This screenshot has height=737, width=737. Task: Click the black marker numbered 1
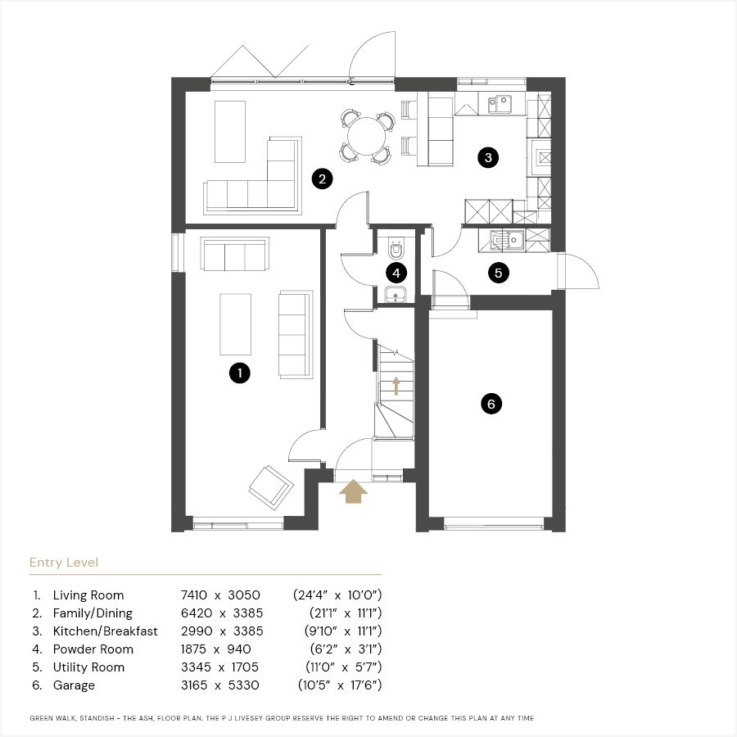point(240,373)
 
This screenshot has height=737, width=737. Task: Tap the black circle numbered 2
point(323,179)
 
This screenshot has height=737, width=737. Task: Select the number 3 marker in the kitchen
point(488,157)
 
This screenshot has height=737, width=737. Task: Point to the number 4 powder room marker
point(396,273)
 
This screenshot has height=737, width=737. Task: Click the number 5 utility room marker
point(499,273)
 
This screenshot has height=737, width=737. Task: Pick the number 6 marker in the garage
point(491,404)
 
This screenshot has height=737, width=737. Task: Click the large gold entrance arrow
point(354,491)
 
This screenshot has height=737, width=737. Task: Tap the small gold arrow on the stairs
point(396,386)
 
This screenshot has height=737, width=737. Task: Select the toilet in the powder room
point(396,249)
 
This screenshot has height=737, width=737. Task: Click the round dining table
point(366,136)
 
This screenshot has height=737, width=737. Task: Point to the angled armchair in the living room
point(271,487)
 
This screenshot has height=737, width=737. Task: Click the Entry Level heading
point(64,563)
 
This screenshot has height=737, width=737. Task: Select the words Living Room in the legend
point(88,595)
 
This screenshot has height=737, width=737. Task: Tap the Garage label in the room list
point(74,685)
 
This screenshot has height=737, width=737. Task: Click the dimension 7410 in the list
point(193,595)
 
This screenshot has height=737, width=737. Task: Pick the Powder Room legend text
point(93,649)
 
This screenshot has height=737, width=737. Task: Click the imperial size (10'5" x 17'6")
point(340,685)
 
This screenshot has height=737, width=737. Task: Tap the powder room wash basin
point(396,295)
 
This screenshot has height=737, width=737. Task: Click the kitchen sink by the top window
point(500,104)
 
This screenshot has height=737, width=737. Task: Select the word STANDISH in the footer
point(97,718)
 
